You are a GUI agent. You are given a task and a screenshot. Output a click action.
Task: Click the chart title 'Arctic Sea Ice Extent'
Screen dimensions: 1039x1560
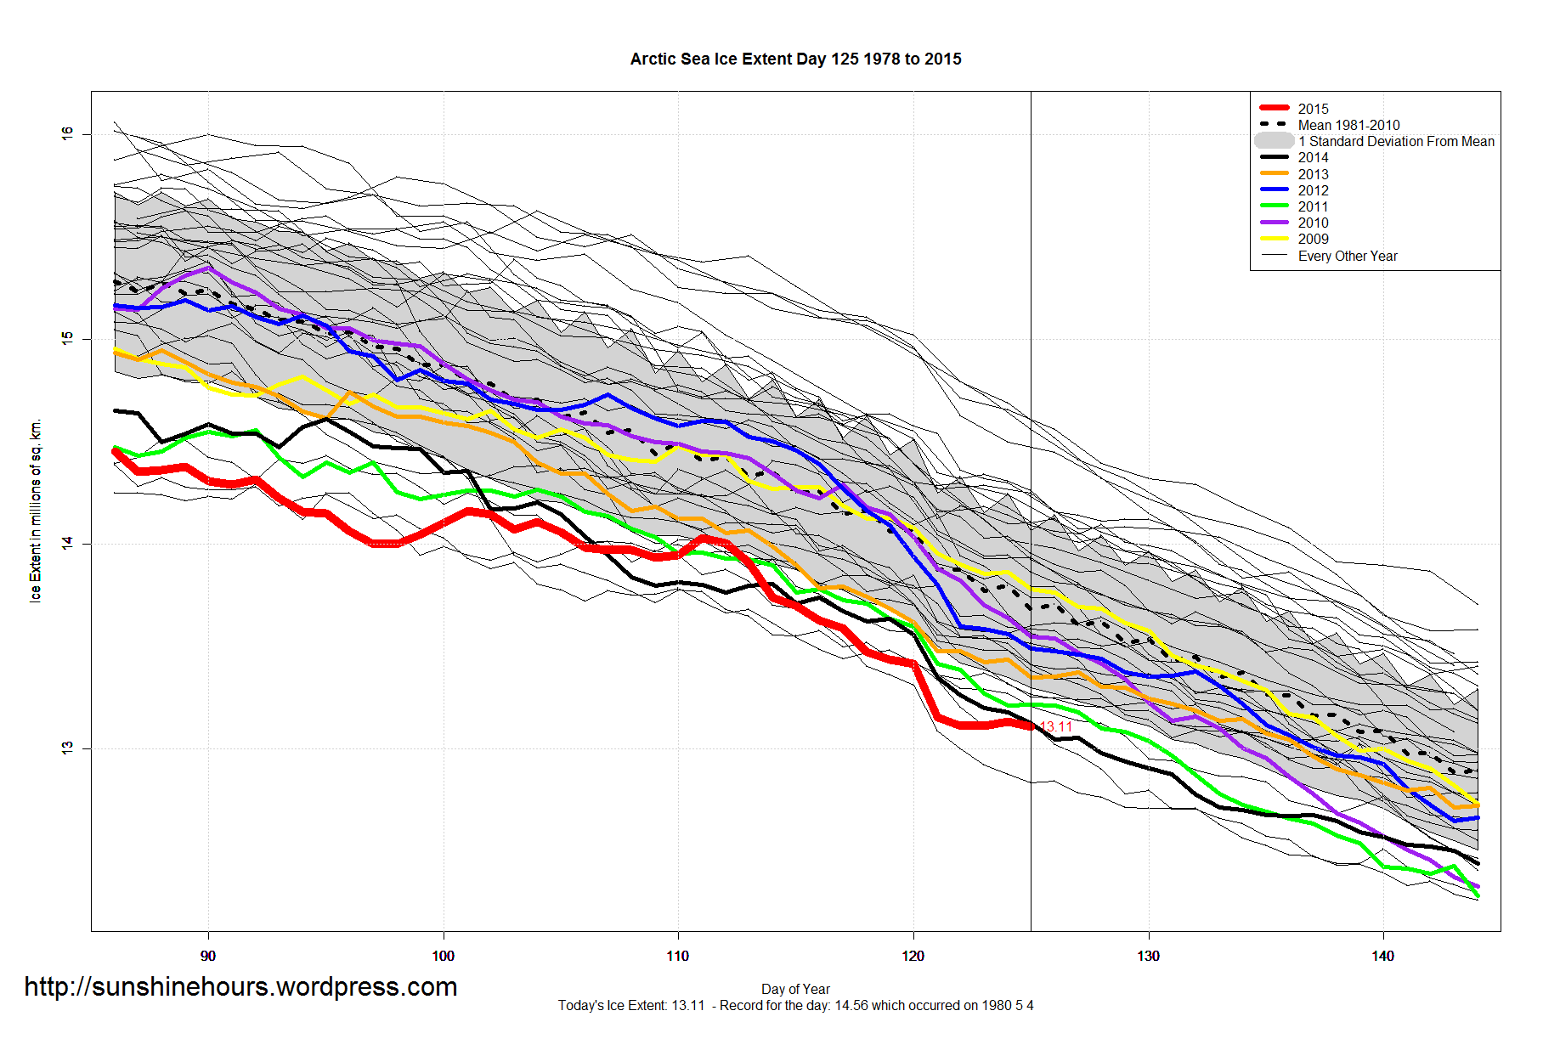coord(795,59)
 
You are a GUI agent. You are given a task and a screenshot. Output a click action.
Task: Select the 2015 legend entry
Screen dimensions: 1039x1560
coord(1313,109)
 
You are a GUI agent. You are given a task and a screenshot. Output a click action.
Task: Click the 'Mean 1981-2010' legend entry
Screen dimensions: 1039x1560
coord(1348,125)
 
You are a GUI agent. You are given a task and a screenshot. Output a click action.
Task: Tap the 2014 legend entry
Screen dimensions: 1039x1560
coord(1313,157)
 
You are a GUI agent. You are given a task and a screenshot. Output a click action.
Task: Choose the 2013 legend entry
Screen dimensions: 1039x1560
coord(1313,174)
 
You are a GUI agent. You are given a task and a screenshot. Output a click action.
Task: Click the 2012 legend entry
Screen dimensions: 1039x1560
coord(1313,190)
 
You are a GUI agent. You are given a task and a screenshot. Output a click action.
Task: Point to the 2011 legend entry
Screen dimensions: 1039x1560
coord(1313,206)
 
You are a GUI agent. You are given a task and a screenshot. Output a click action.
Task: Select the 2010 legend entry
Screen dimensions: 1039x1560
coord(1313,223)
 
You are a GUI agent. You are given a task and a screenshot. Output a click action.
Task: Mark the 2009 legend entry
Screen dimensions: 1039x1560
coord(1313,239)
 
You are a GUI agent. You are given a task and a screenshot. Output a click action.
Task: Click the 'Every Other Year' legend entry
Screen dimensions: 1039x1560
coord(1348,256)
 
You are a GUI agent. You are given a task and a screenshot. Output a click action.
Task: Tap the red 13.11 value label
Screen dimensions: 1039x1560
coord(1056,726)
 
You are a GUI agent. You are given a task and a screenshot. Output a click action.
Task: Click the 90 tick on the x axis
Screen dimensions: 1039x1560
coord(208,956)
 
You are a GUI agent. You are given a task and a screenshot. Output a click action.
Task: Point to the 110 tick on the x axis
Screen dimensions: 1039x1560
coord(678,956)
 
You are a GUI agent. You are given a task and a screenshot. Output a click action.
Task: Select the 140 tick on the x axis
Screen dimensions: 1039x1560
coord(1382,956)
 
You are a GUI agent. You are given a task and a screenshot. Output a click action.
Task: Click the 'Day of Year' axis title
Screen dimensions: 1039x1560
coord(795,989)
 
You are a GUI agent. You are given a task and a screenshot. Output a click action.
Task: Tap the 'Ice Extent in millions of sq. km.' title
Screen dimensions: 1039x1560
coord(35,511)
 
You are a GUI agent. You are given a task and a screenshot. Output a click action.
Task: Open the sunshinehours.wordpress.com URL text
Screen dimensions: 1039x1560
coord(240,986)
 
